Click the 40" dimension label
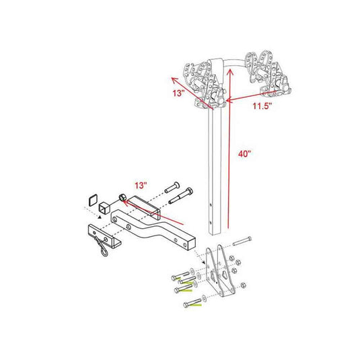pyautogui.click(x=244, y=153)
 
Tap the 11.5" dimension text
pyautogui.click(x=262, y=106)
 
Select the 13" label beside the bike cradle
pyautogui.click(x=178, y=94)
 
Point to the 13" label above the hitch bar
pyautogui.click(x=141, y=185)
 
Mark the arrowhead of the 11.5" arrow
pyautogui.click(x=229, y=100)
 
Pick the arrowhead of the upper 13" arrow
pyautogui.click(x=175, y=81)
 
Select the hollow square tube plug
pyautogui.click(x=104, y=208)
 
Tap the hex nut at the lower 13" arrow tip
pyautogui.click(x=122, y=197)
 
